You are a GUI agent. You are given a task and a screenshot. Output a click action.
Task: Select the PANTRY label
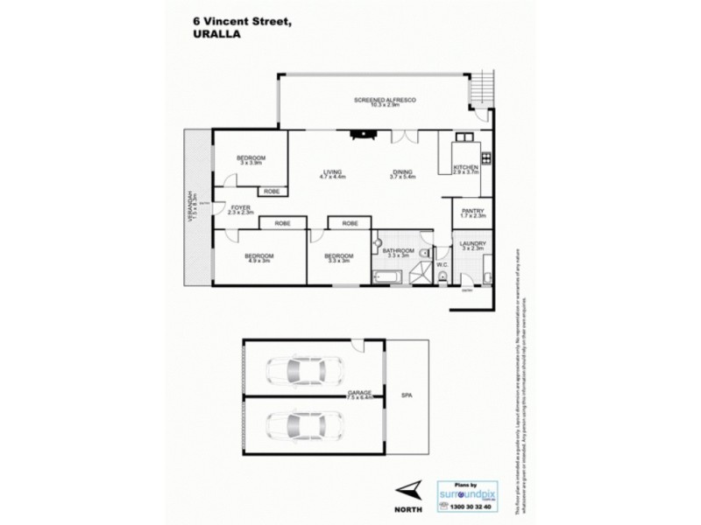(471, 211)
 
